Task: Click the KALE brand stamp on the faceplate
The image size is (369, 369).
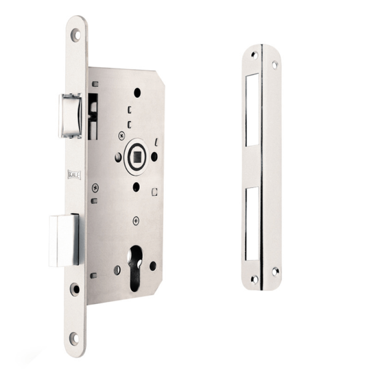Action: tap(74, 175)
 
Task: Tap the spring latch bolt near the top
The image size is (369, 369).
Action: tap(70, 116)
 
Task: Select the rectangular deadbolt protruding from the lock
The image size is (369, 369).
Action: tap(64, 240)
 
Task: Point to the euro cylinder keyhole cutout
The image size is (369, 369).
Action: tap(135, 268)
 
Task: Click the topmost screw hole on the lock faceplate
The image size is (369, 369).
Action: tap(76, 35)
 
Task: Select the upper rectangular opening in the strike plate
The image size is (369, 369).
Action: tap(252, 110)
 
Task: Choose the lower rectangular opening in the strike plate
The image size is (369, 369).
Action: tap(252, 224)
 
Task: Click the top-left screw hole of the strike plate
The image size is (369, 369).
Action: tap(254, 55)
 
